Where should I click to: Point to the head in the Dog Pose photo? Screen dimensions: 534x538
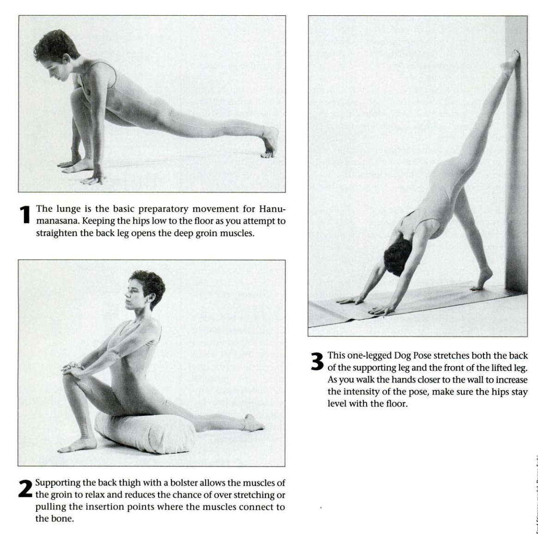click(397, 256)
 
